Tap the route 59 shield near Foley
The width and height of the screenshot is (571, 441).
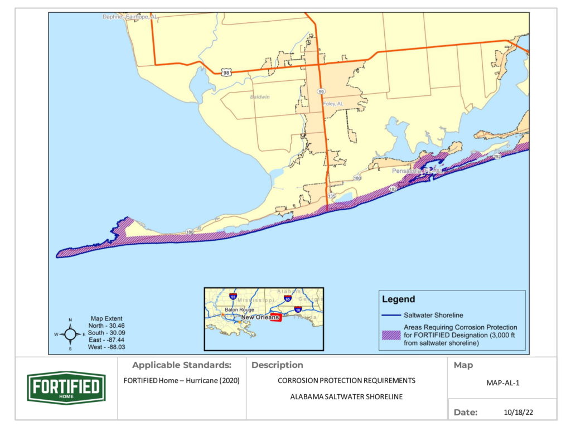tap(321, 91)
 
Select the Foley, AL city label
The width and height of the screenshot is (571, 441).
tap(333, 104)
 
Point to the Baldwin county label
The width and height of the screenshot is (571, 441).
tap(259, 96)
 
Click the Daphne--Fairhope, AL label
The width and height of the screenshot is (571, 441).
tap(130, 17)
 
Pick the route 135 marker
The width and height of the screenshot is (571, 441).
tap(332, 196)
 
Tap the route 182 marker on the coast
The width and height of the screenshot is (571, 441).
tap(393, 190)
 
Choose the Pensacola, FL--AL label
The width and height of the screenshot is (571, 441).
tap(418, 171)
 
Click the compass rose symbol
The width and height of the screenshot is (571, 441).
tap(70, 334)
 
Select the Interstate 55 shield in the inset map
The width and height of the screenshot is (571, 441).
tap(233, 297)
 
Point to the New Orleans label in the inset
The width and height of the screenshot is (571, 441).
tap(259, 317)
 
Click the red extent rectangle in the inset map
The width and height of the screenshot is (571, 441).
tap(277, 317)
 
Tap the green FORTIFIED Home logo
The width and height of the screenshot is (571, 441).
tap(66, 387)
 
